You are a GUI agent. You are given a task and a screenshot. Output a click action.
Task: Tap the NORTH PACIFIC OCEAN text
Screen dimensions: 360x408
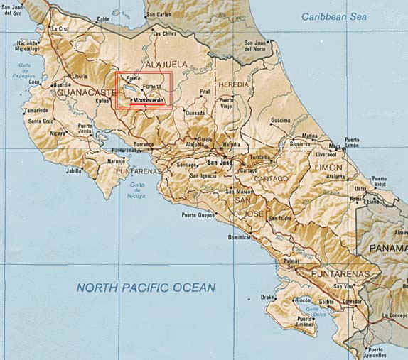(146, 288)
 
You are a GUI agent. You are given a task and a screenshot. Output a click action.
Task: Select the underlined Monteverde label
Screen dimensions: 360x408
(148, 101)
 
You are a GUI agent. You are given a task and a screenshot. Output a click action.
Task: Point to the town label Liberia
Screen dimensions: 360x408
(79, 76)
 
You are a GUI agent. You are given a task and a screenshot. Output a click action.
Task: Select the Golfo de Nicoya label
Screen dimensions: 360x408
(138, 190)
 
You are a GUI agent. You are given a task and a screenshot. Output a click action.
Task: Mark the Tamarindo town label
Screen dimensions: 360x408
(35, 111)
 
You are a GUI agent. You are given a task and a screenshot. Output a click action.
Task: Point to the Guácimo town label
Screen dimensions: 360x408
(281, 120)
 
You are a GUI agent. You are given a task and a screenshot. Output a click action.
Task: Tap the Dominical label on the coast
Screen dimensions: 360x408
(239, 237)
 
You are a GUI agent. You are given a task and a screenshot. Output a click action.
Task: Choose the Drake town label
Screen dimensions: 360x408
(267, 297)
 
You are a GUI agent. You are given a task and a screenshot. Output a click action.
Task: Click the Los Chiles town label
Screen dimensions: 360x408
(164, 33)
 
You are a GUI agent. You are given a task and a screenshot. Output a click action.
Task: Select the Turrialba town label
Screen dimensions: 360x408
(262, 157)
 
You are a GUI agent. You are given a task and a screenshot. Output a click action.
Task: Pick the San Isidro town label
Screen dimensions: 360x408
(279, 218)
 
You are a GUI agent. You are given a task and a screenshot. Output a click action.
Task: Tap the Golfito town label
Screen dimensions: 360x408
(326, 302)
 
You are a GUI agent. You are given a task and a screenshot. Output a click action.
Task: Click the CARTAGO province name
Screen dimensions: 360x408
(271, 178)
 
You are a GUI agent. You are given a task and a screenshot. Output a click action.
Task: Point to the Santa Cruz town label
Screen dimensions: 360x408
(41, 121)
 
